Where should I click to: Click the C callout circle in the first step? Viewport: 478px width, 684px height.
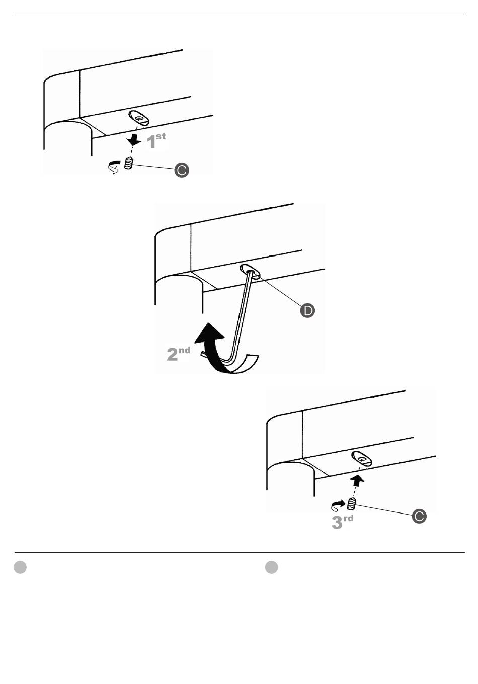(x=182, y=170)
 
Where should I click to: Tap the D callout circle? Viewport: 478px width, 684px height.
(x=307, y=310)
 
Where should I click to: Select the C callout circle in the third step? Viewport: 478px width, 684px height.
(x=419, y=516)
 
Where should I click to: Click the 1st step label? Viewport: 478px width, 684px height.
(x=155, y=141)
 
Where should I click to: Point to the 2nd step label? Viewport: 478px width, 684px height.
(x=178, y=353)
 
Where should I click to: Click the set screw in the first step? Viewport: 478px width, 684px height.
(x=128, y=163)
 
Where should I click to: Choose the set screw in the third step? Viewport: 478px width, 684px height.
(x=352, y=503)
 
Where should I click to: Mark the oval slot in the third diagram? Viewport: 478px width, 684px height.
(x=361, y=458)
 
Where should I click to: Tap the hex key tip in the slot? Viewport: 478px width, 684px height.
(x=250, y=272)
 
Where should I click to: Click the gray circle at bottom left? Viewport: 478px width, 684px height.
(x=20, y=567)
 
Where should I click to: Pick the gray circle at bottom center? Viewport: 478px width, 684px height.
(x=272, y=567)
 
